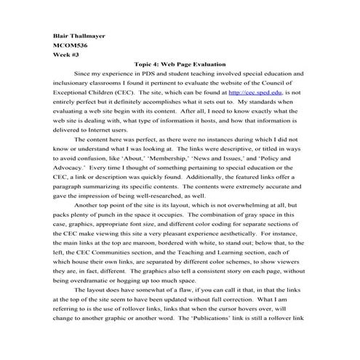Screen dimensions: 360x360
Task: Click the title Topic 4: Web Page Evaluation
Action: pos(180,65)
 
